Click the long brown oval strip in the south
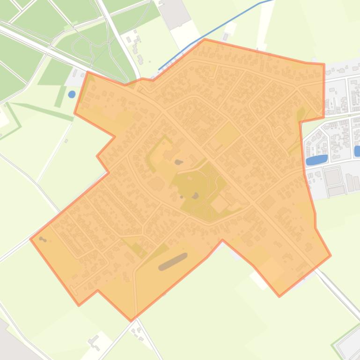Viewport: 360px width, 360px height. pos(173,262)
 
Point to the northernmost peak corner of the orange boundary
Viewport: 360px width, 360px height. pos(205,39)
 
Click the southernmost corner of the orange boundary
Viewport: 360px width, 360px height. pos(132,321)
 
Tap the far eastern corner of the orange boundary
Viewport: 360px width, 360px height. pos(331,255)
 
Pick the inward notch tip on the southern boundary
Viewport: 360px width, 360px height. pos(222,240)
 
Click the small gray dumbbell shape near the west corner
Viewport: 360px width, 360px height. pos(43,239)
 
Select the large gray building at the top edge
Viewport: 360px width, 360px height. pos(175,12)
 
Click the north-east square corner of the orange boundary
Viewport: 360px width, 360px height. pos(324,65)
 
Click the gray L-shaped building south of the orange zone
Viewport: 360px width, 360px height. pos(94,342)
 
